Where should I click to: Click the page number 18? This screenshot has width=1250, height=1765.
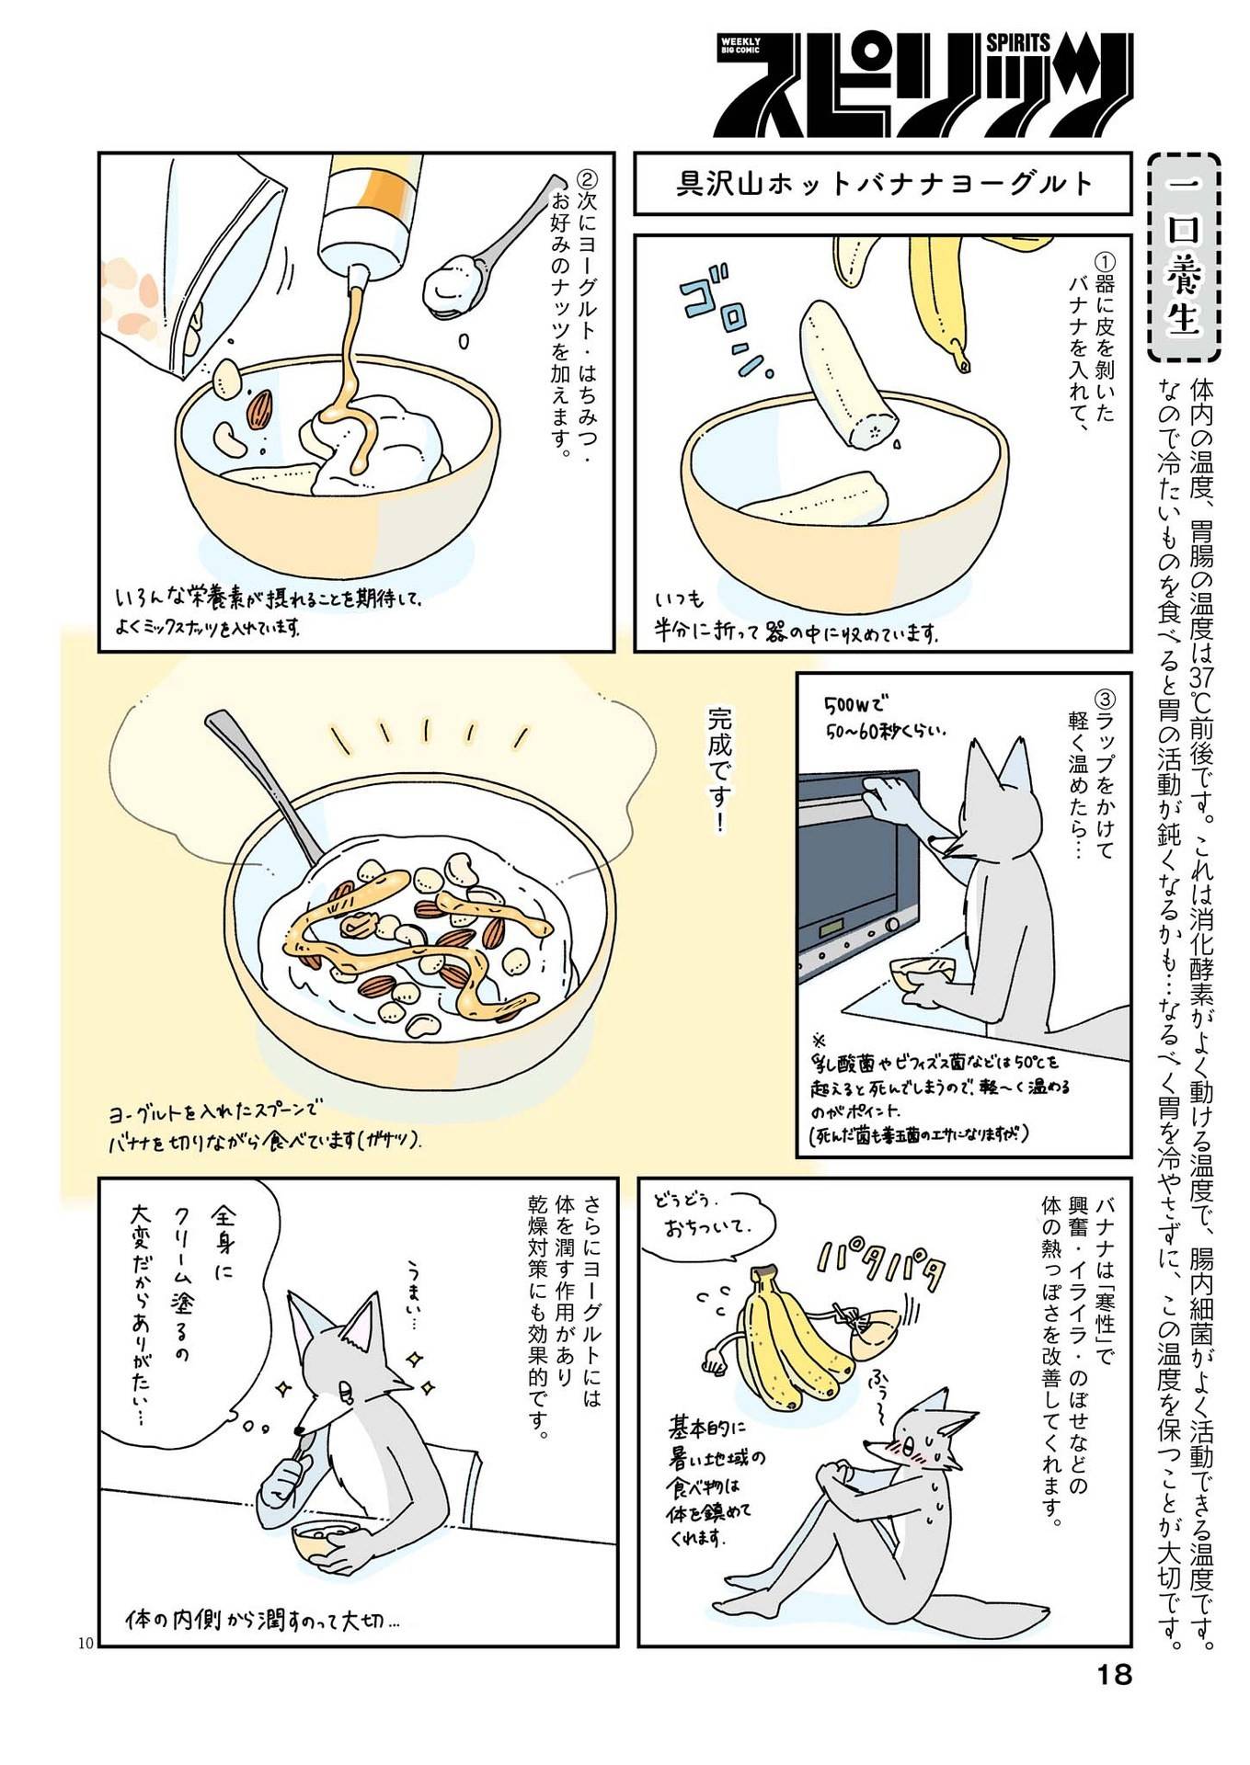[1114, 1674]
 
